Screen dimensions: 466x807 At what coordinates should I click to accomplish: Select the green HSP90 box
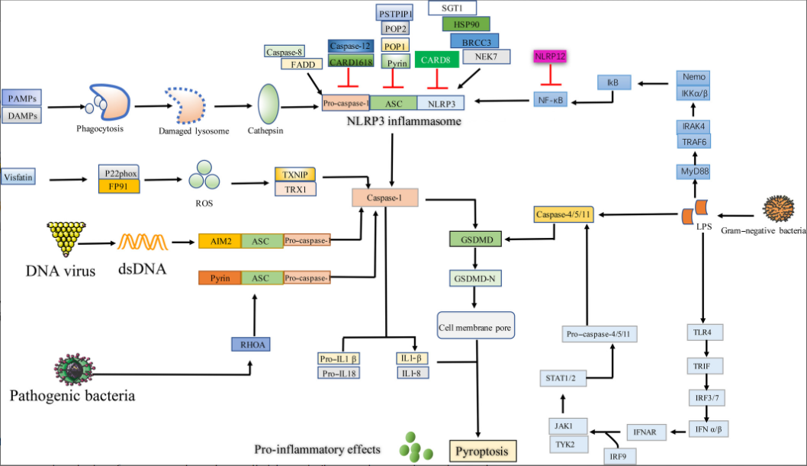pos(467,25)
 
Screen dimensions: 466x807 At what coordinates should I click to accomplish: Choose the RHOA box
pos(252,343)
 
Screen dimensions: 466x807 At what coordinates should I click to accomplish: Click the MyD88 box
pos(697,172)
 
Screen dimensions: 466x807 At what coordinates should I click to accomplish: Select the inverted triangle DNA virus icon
pos(64,238)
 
